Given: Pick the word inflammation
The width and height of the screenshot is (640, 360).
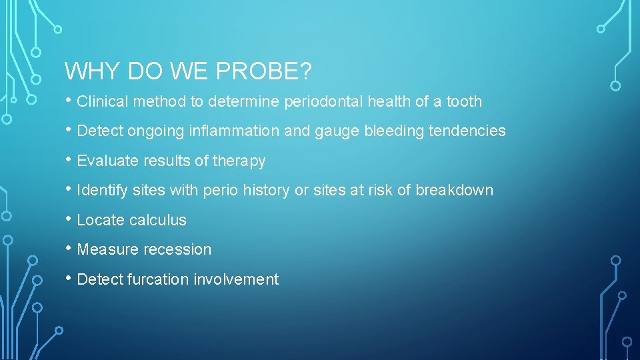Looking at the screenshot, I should coord(234,131).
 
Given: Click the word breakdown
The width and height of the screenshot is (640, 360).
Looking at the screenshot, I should coord(455,191).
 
